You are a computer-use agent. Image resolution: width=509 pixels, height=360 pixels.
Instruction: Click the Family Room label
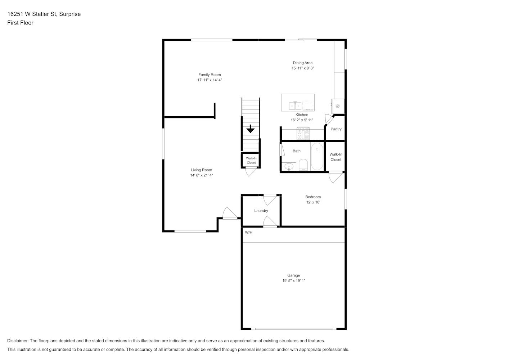pyautogui.click(x=210, y=75)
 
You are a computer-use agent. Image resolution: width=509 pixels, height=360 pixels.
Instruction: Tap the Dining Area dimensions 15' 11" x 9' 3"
pyautogui.click(x=303, y=68)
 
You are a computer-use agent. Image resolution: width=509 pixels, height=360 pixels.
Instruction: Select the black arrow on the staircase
pyautogui.click(x=251, y=129)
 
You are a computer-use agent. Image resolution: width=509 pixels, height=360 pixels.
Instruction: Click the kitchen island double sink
pyautogui.click(x=295, y=105)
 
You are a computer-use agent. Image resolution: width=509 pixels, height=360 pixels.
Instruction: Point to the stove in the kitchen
pyautogui.click(x=303, y=134)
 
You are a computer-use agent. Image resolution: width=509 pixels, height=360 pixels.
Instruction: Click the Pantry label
pyautogui.click(x=336, y=129)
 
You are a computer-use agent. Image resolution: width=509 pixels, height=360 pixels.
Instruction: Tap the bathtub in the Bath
pyautogui.click(x=317, y=156)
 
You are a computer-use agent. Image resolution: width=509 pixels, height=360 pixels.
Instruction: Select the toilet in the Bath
pyautogui.click(x=303, y=165)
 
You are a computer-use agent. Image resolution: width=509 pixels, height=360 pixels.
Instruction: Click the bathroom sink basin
pyautogui.click(x=289, y=167)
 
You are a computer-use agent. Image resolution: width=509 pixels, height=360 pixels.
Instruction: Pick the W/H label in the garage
pyautogui.click(x=249, y=232)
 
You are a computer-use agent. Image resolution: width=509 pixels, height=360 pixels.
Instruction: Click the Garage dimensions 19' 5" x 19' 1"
pyautogui.click(x=294, y=280)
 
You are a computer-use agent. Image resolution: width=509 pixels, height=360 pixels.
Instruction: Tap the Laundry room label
pyautogui.click(x=261, y=211)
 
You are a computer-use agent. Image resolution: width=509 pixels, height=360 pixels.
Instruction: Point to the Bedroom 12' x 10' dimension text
pyautogui.click(x=313, y=202)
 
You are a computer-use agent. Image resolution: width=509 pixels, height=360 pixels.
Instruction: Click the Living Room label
pyautogui.click(x=201, y=170)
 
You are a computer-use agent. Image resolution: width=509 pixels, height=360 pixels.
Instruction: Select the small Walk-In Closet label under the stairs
pyautogui.click(x=251, y=161)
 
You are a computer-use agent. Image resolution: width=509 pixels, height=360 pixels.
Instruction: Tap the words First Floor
pyautogui.click(x=20, y=23)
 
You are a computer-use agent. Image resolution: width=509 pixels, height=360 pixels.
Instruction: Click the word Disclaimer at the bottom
pyautogui.click(x=18, y=341)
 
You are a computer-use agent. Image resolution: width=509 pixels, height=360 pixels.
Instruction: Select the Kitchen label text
pyautogui.click(x=302, y=114)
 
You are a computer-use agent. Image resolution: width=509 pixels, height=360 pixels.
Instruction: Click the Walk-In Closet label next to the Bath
pyautogui.click(x=336, y=157)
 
